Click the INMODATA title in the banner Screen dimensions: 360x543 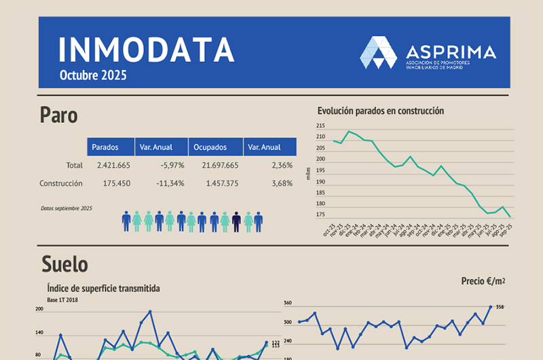click(x=146, y=49)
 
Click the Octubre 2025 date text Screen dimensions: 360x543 click(x=93, y=75)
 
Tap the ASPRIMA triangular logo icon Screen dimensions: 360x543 click(x=379, y=52)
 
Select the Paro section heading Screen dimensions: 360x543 click(x=58, y=115)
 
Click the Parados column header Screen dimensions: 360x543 click(x=105, y=147)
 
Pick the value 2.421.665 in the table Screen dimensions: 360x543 click(x=113, y=165)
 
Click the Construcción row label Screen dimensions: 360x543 click(x=61, y=183)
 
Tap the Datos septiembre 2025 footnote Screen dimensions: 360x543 click(x=66, y=209)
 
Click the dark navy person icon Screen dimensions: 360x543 click(x=236, y=221)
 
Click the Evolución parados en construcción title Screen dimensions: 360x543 click(x=380, y=111)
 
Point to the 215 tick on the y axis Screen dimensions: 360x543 click(x=320, y=126)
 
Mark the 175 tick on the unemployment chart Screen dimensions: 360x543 click(x=320, y=215)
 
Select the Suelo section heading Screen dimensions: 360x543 click(x=64, y=263)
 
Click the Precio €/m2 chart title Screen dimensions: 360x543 click(x=483, y=280)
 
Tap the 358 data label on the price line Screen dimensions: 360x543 click(x=500, y=307)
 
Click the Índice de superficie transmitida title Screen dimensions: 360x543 click(x=103, y=289)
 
